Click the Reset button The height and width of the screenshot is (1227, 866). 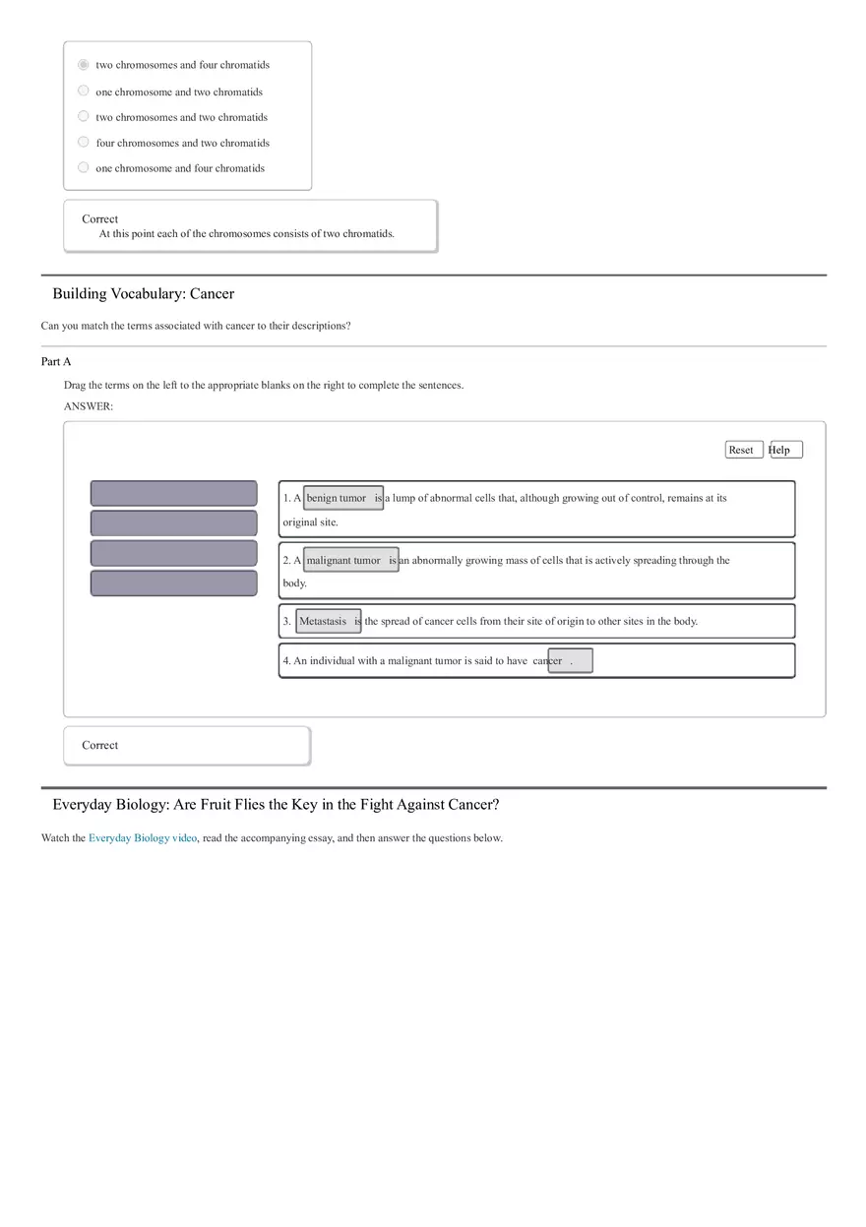click(x=744, y=450)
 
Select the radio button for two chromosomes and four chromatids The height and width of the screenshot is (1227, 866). click(x=84, y=65)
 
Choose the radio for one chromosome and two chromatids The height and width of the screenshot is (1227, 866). click(x=84, y=92)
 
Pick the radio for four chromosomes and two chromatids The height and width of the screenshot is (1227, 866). click(x=84, y=143)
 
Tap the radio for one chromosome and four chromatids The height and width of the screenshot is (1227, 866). click(x=84, y=168)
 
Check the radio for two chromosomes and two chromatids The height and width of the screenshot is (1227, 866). click(x=84, y=117)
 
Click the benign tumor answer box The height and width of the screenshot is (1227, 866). click(x=342, y=498)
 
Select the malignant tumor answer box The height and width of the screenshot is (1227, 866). click(x=350, y=560)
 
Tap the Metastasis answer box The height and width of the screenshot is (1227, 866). click(x=328, y=621)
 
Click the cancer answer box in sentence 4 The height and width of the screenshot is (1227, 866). click(x=570, y=661)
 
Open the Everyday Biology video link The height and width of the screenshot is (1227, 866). click(x=143, y=838)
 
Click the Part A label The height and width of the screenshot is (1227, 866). click(x=56, y=362)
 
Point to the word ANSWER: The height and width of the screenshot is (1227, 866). click(x=89, y=406)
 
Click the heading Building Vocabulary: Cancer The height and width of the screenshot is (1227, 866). click(x=144, y=294)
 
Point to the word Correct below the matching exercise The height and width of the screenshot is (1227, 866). click(x=99, y=746)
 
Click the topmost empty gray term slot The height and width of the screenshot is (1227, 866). click(x=173, y=493)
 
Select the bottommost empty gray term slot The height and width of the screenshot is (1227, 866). click(x=173, y=583)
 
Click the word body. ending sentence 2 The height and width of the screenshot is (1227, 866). click(x=294, y=583)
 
